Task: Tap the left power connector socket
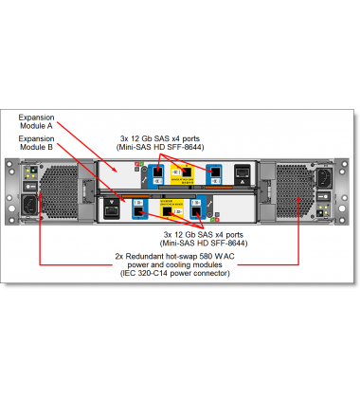click(x=29, y=205)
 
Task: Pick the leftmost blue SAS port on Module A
click(x=156, y=172)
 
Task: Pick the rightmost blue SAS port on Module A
click(x=216, y=172)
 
